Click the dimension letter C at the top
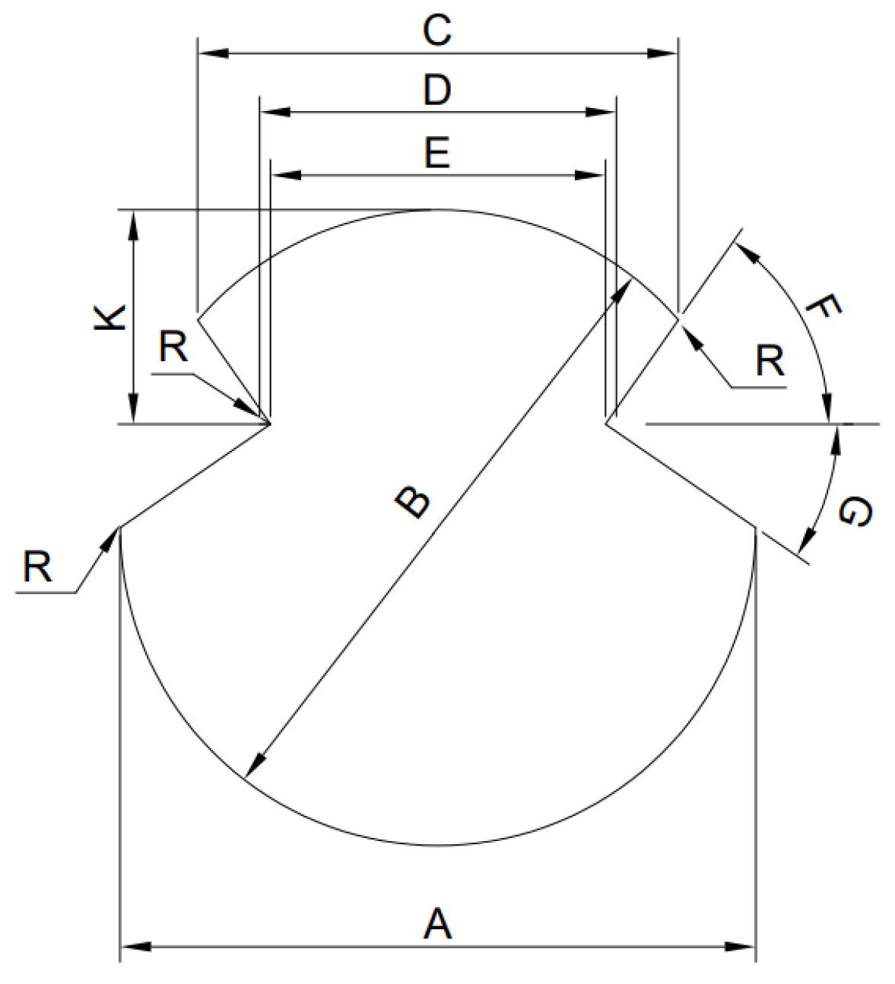[437, 31]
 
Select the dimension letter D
[437, 90]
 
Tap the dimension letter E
[437, 153]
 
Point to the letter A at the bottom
[437, 924]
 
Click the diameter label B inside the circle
[413, 503]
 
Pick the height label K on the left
[110, 318]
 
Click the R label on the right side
[770, 362]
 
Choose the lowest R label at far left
[37, 567]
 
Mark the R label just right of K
[173, 348]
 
